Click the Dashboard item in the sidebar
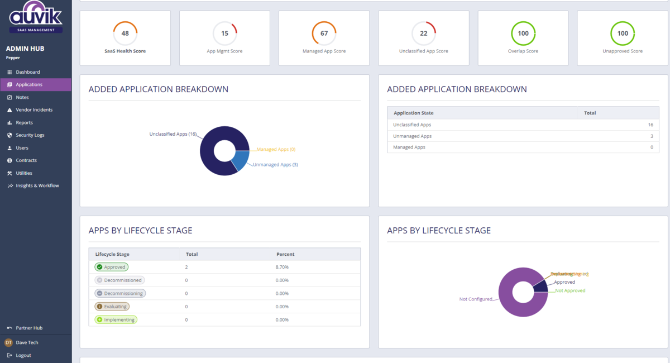[27, 72]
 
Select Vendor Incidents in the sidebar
[33, 110]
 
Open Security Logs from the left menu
[30, 135]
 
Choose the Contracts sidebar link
[26, 160]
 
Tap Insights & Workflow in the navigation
[37, 185]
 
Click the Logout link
[23, 355]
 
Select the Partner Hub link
[29, 328]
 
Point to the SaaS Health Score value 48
[125, 34]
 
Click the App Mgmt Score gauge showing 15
[224, 34]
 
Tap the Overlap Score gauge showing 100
[523, 34]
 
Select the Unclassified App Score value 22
[424, 34]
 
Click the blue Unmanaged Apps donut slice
[241, 160]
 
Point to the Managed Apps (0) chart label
[276, 150]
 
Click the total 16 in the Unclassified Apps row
[650, 125]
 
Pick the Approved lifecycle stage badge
[111, 267]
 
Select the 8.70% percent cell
[283, 267]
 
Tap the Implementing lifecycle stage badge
[116, 320]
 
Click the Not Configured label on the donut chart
[476, 299]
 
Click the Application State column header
[413, 113]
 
